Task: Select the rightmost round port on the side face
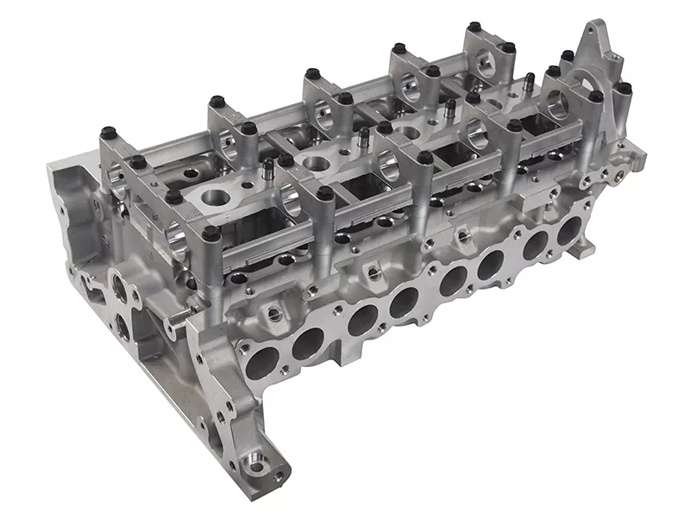(x=569, y=232)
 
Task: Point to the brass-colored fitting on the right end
(x=619, y=180)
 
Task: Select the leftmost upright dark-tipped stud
(x=268, y=165)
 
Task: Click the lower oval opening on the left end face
(x=121, y=327)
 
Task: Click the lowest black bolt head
(x=210, y=232)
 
